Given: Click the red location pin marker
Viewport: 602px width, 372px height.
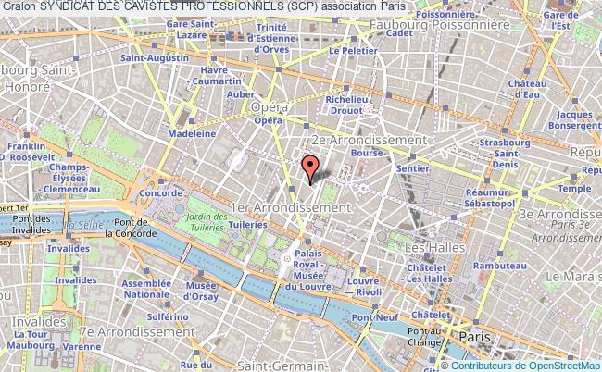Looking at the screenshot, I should pos(311,167).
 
